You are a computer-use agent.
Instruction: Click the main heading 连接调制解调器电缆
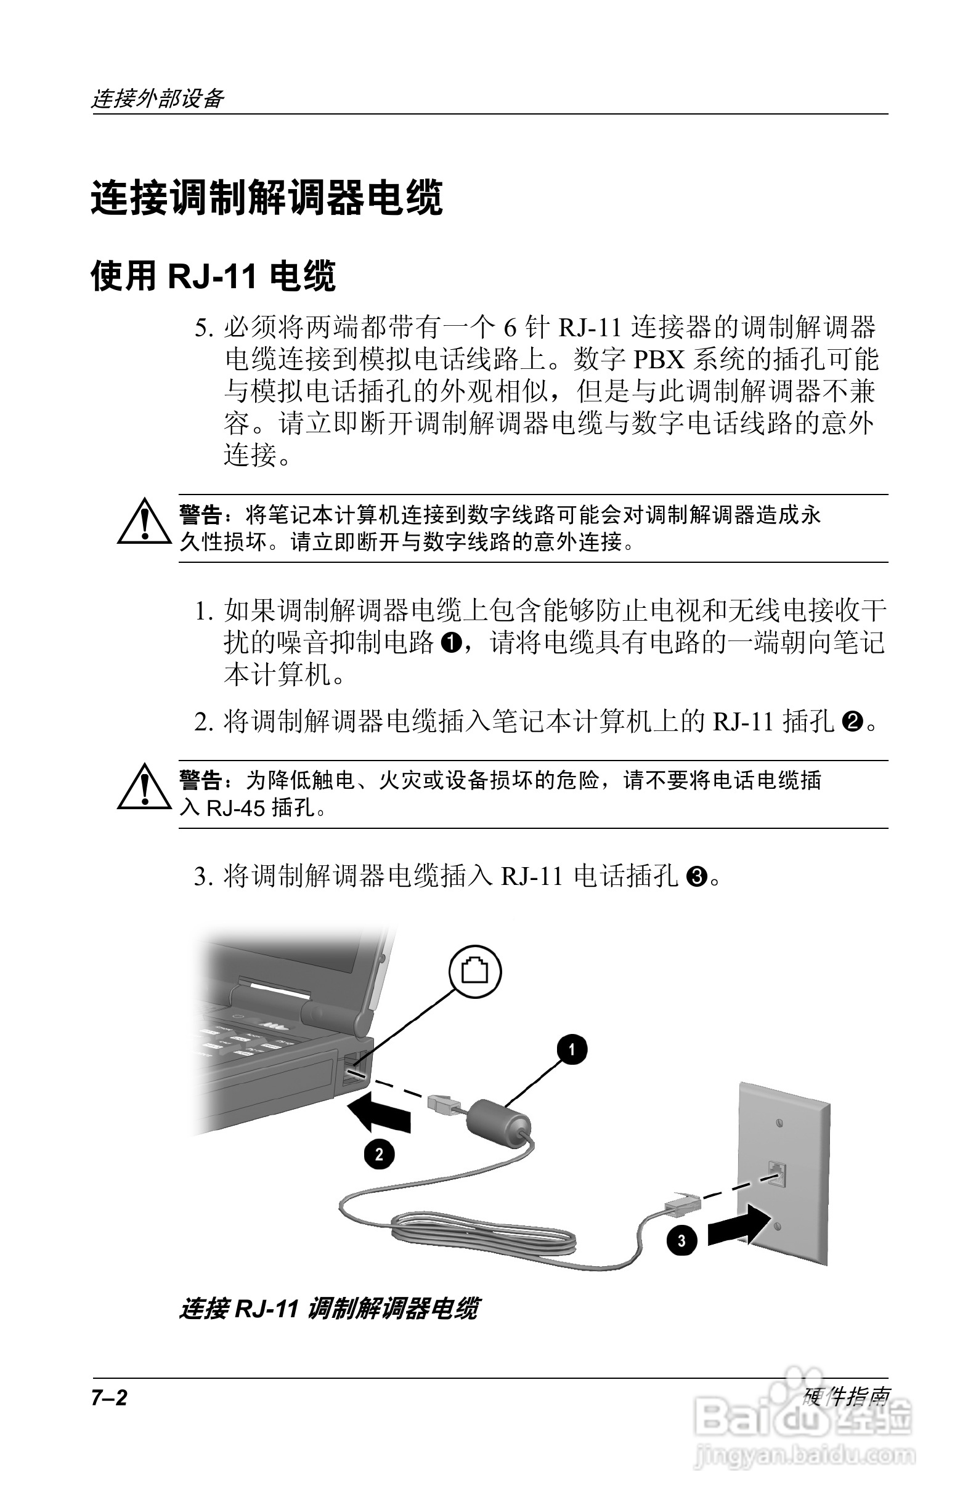click(x=266, y=198)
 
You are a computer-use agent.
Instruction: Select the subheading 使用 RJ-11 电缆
click(x=213, y=275)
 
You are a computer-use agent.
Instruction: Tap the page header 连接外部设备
click(x=157, y=98)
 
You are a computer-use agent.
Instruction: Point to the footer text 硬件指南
click(x=845, y=1396)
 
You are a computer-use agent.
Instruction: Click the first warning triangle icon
click(x=145, y=523)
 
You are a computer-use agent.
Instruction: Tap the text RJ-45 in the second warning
click(x=236, y=808)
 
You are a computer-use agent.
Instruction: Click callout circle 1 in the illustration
click(x=572, y=1050)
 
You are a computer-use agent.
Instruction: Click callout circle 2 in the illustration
click(x=379, y=1153)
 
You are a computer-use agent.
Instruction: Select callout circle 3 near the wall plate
click(x=682, y=1240)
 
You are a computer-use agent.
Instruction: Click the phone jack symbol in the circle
click(x=474, y=972)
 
